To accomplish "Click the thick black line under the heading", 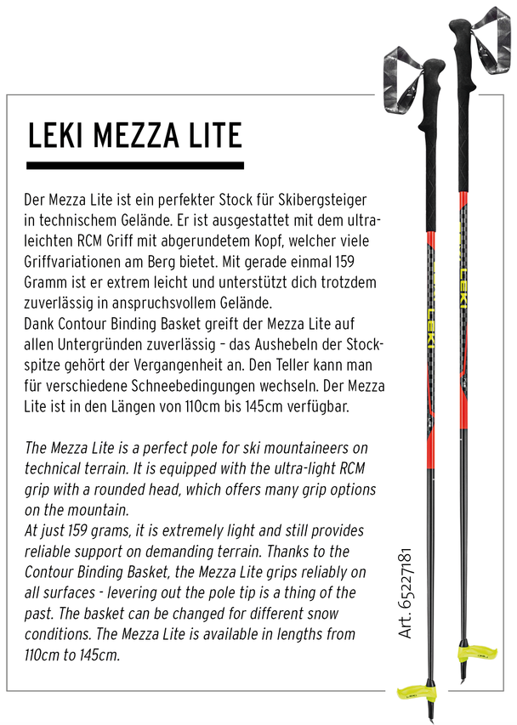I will (136, 165).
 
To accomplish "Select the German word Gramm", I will (48, 280).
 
